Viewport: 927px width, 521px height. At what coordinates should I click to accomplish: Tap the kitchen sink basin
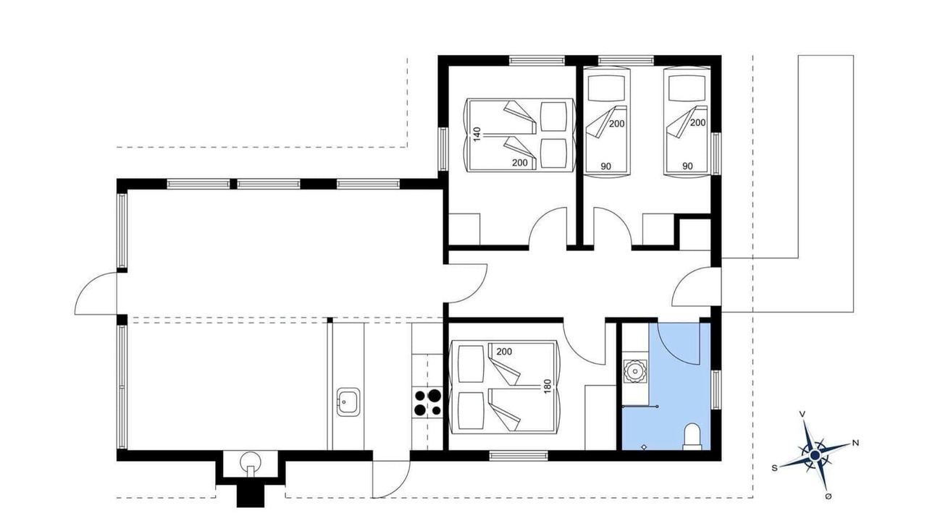348,402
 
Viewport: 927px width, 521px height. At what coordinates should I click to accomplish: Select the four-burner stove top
427,403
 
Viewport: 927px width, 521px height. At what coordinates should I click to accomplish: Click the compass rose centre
815,455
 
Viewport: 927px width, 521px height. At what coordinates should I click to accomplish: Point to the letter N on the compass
855,444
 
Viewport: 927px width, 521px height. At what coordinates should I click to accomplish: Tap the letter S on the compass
774,468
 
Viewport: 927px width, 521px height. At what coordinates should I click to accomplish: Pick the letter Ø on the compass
828,496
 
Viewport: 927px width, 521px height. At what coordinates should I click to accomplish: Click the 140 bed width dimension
477,135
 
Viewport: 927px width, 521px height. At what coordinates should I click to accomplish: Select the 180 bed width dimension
548,386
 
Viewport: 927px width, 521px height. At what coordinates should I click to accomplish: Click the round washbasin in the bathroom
635,371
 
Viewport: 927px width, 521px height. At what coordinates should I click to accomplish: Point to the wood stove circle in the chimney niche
251,461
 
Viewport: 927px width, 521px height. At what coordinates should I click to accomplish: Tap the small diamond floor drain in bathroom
644,447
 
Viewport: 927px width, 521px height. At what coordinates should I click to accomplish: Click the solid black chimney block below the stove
251,496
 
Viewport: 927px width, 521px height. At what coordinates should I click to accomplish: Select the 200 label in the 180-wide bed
504,352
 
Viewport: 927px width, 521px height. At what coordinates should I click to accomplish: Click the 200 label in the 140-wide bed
520,163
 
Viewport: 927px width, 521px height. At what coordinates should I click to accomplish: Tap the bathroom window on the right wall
716,390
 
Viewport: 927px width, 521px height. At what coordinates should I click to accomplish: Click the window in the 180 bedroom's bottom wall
519,456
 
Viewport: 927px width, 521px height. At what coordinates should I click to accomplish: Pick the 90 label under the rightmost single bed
687,166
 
